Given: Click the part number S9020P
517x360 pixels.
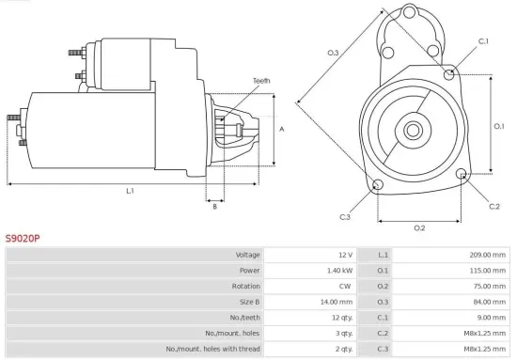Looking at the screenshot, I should [23, 239].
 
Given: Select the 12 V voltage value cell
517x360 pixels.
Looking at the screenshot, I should [344, 255].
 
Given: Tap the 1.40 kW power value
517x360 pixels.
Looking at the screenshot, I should [339, 270].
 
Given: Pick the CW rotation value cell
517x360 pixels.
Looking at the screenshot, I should [345, 286].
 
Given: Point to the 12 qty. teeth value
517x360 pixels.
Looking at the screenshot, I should [340, 317].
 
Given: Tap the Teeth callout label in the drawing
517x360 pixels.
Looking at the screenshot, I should [261, 82].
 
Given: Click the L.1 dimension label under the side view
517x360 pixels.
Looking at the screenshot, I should [131, 191].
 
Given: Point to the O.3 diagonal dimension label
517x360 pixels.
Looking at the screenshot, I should [333, 53].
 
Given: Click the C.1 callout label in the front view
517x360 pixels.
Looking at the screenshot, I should [484, 41].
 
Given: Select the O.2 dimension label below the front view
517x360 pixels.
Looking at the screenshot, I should [419, 227].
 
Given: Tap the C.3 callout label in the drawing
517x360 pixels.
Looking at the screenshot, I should [345, 217].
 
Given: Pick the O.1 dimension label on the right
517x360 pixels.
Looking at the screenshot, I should [500, 125].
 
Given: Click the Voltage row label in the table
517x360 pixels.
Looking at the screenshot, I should [247, 255].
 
